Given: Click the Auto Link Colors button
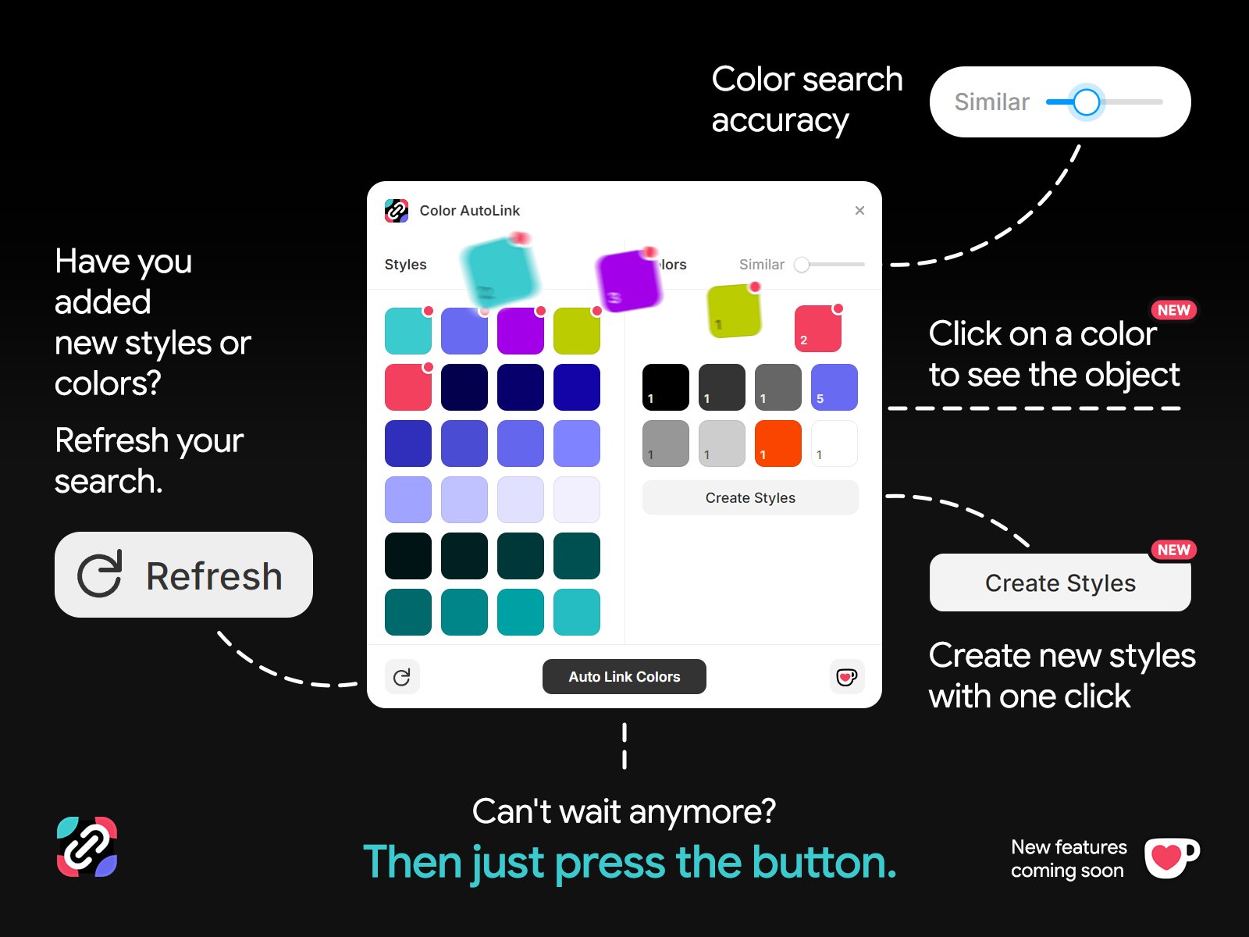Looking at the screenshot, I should pyautogui.click(x=624, y=677).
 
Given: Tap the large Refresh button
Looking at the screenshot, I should pyautogui.click(x=183, y=575).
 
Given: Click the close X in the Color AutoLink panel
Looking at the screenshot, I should pyautogui.click(x=859, y=211).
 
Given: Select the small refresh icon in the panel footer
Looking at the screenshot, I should pyautogui.click(x=402, y=677).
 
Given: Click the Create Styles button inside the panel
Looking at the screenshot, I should pyautogui.click(x=750, y=498).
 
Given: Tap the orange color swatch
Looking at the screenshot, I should pyautogui.click(x=778, y=443).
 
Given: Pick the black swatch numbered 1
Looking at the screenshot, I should pyautogui.click(x=666, y=387).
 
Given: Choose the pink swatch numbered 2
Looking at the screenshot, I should pyautogui.click(x=817, y=329).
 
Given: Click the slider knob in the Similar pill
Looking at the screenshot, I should pyautogui.click(x=1086, y=102).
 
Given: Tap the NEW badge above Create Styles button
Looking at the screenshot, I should pyautogui.click(x=1173, y=550).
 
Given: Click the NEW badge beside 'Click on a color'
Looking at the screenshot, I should pyautogui.click(x=1173, y=310).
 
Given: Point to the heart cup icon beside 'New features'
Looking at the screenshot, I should pyautogui.click(x=1170, y=857).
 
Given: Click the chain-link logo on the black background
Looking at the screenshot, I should pyautogui.click(x=87, y=846).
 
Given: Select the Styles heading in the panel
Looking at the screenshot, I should pyautogui.click(x=405, y=265).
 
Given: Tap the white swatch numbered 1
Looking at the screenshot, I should pyautogui.click(x=834, y=443).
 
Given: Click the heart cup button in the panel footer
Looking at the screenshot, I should pyautogui.click(x=846, y=677).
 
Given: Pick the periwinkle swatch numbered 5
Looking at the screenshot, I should pyautogui.click(x=834, y=387).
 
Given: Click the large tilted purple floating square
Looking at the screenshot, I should pyautogui.click(x=628, y=280).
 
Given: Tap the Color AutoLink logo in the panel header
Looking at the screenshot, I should pyautogui.click(x=397, y=211).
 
